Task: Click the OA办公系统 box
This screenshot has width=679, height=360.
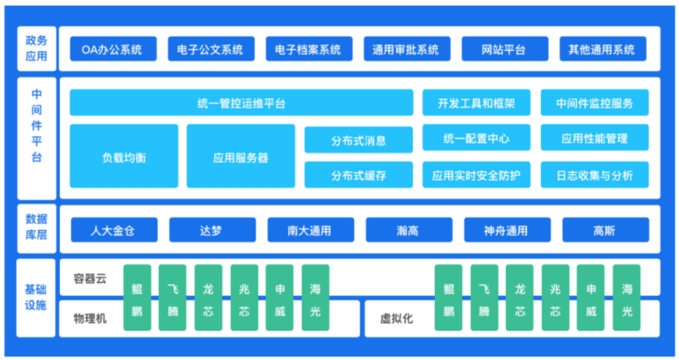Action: [113, 49]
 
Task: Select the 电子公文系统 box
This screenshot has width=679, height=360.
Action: [211, 49]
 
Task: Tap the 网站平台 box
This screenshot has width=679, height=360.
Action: [504, 49]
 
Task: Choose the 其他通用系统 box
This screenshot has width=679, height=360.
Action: [603, 49]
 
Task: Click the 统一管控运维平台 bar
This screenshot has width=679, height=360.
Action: [241, 103]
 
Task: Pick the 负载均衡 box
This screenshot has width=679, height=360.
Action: [124, 156]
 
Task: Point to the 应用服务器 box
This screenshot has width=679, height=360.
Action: [241, 156]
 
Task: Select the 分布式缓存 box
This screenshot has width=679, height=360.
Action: [359, 175]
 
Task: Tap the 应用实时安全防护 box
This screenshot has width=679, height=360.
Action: [476, 175]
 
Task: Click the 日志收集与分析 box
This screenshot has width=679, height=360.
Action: [595, 175]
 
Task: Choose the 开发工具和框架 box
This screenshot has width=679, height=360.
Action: [476, 103]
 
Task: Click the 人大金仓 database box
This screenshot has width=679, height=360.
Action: [114, 230]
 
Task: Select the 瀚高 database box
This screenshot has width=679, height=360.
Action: [408, 230]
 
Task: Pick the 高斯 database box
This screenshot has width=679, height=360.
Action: [606, 230]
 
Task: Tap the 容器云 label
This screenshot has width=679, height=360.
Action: [90, 278]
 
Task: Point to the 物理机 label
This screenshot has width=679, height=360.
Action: [90, 319]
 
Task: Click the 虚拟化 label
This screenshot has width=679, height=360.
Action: [396, 319]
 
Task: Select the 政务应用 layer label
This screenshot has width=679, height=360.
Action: [37, 48]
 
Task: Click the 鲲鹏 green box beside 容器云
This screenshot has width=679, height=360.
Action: [137, 298]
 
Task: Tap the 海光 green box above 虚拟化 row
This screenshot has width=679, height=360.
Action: [627, 298]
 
